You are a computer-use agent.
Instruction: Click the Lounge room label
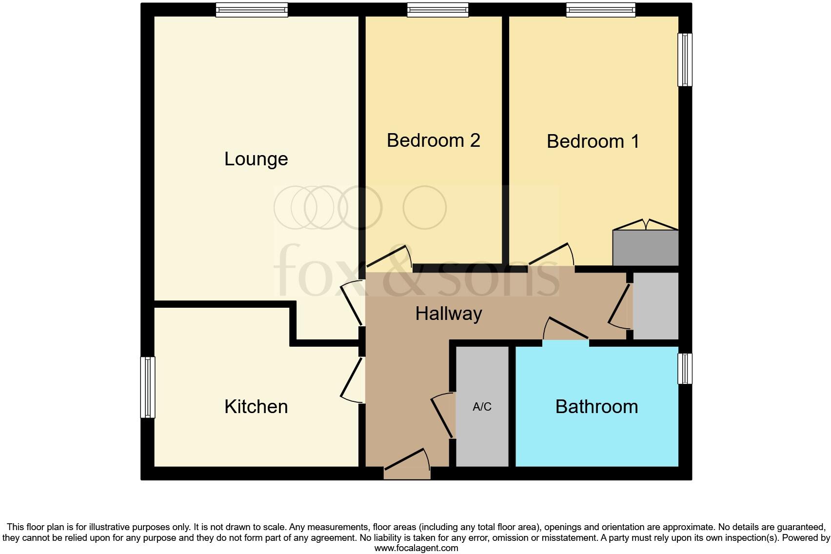click(x=256, y=159)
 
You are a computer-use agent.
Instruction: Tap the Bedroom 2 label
click(x=433, y=140)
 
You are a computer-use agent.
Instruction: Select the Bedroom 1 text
click(x=593, y=141)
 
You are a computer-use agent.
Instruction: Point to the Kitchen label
click(x=256, y=407)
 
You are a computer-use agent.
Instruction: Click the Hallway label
click(x=449, y=313)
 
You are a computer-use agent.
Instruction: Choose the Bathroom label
click(x=596, y=407)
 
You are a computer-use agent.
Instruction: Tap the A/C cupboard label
click(x=482, y=407)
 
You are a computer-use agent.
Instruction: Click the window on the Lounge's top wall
click(x=252, y=10)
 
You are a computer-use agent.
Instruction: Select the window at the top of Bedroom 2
click(x=437, y=10)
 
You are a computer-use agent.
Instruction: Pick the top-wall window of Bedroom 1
click(x=600, y=10)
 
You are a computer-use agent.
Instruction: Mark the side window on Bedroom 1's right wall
click(x=685, y=59)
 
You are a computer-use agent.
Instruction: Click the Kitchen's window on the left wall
click(x=148, y=387)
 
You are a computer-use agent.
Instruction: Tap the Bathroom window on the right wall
click(x=685, y=368)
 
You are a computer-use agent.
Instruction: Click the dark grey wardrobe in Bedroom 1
click(x=645, y=248)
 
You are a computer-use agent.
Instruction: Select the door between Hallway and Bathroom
click(x=566, y=332)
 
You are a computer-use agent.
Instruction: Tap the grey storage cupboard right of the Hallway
click(x=655, y=306)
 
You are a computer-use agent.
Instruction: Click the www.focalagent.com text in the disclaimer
click(x=416, y=548)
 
